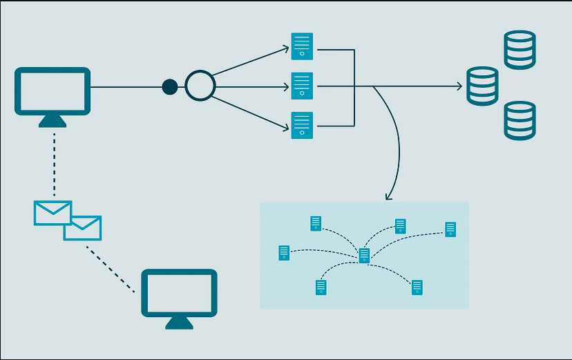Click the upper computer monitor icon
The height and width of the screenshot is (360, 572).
(53, 91)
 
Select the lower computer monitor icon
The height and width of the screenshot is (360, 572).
(179, 292)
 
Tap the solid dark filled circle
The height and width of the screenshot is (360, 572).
(169, 87)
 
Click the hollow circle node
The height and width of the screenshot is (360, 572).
(200, 86)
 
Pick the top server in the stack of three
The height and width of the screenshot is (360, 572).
(302, 46)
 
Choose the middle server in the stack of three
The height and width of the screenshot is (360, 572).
(302, 86)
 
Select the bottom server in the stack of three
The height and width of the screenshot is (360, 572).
(302, 125)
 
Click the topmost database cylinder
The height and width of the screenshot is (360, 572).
(519, 50)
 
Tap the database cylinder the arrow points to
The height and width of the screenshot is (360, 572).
(482, 86)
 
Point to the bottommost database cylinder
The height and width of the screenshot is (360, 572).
(519, 120)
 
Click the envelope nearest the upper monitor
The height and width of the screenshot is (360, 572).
(53, 213)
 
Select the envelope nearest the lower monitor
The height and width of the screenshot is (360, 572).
(83, 228)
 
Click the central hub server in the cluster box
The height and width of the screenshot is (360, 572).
(364, 256)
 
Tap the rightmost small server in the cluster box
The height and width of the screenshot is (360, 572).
(450, 229)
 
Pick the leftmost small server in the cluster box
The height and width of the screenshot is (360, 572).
(284, 253)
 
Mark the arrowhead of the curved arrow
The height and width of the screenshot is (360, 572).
(389, 197)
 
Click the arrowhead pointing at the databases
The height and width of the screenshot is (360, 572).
(458, 86)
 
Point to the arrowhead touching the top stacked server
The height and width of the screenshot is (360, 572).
(285, 48)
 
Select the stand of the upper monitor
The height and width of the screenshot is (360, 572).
(53, 121)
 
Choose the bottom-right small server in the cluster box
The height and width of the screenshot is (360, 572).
(417, 287)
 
